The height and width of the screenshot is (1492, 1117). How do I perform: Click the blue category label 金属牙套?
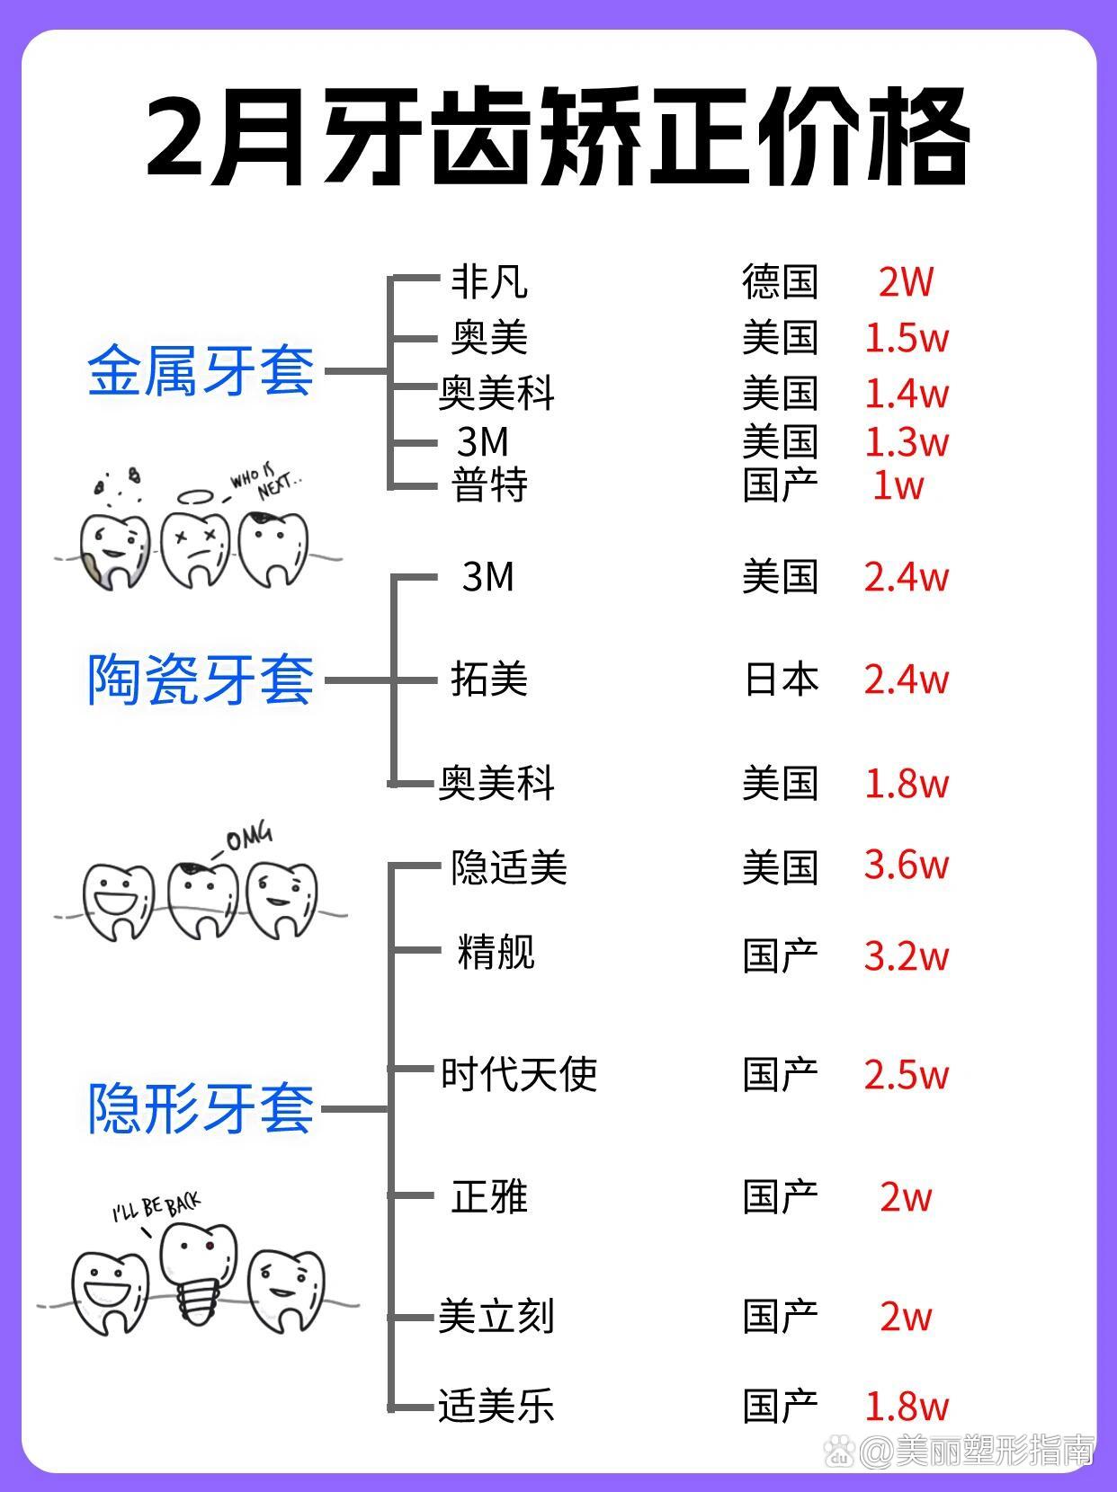(x=201, y=371)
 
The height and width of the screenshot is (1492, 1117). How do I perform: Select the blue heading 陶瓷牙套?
(x=201, y=679)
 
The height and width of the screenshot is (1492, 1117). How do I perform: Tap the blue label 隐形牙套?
(x=201, y=1108)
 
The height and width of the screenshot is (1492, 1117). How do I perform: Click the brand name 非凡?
(x=489, y=281)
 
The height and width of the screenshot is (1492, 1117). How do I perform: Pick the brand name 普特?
(x=489, y=484)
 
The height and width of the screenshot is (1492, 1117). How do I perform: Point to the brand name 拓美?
(x=489, y=679)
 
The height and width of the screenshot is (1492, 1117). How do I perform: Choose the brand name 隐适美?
(x=508, y=867)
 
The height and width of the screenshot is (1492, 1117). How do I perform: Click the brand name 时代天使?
(x=519, y=1075)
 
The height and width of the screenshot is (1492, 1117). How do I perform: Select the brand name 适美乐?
(x=496, y=1406)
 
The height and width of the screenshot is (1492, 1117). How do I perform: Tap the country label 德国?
(x=780, y=281)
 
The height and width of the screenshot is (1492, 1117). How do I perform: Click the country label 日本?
(x=782, y=679)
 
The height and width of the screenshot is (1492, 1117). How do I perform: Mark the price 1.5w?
(x=907, y=338)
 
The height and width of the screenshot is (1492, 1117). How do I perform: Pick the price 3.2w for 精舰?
(x=907, y=956)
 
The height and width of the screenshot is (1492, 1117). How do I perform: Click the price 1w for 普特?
(x=898, y=485)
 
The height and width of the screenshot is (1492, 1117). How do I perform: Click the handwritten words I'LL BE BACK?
(x=156, y=1207)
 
